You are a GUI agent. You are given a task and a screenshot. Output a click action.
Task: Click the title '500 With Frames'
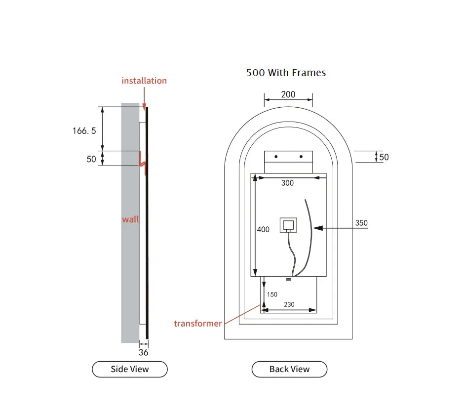click(x=286, y=73)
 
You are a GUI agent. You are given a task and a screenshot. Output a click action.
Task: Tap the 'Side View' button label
click(x=130, y=369)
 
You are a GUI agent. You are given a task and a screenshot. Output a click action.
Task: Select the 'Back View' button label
click(x=289, y=369)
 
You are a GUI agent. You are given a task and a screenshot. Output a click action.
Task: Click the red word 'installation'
click(x=144, y=81)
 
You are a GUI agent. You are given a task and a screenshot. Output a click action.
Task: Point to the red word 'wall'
click(x=130, y=219)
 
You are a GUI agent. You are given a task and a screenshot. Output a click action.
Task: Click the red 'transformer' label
click(x=197, y=323)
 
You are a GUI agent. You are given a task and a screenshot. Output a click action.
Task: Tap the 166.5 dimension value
click(x=84, y=131)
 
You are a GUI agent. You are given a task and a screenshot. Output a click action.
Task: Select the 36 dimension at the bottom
click(x=143, y=352)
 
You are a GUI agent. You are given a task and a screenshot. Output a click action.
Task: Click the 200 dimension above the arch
click(x=288, y=94)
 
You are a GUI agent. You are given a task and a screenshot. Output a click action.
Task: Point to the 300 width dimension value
click(x=287, y=183)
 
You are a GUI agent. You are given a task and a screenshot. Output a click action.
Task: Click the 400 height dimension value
click(x=263, y=229)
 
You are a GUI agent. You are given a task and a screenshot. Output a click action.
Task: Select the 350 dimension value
click(x=361, y=223)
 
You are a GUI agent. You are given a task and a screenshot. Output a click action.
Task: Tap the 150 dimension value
click(x=272, y=294)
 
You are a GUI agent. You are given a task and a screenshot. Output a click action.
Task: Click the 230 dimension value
click(x=289, y=304)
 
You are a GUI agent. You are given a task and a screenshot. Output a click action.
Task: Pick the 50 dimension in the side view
click(x=91, y=159)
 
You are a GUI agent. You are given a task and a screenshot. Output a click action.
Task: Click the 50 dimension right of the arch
click(x=384, y=157)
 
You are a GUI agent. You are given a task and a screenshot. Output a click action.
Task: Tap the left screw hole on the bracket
click(x=276, y=157)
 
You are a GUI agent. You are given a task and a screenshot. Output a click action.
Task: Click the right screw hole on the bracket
click(x=301, y=157)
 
